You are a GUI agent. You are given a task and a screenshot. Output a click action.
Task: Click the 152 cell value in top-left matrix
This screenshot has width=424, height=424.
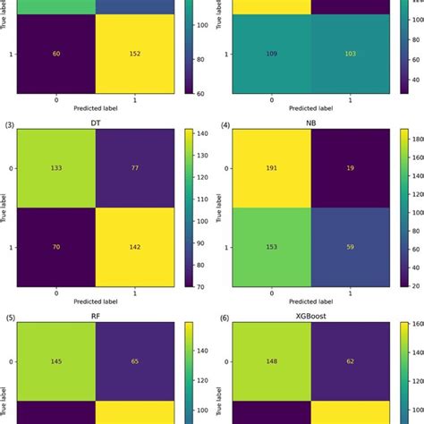point(140,53)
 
